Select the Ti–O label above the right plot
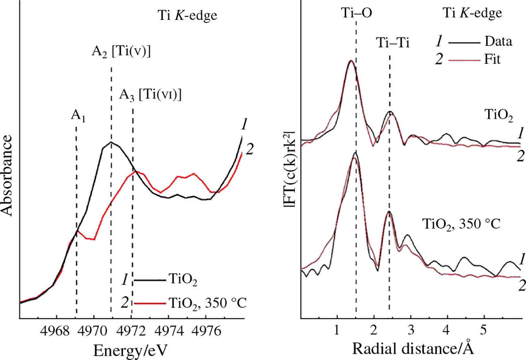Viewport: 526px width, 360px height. point(356,13)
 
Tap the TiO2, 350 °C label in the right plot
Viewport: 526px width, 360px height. point(460,224)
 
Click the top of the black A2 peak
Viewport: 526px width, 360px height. point(111,142)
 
